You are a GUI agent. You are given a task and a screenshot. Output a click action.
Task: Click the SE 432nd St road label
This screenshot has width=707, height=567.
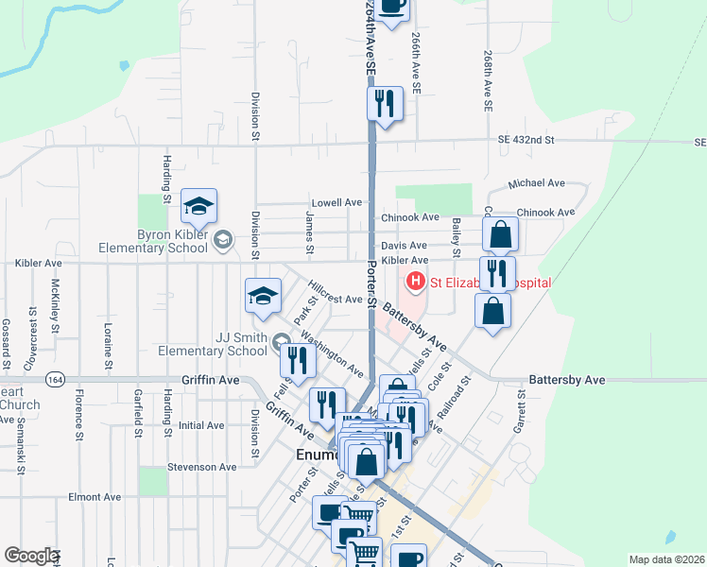coord(527,140)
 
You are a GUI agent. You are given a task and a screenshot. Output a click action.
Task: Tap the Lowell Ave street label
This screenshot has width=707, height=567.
coord(338,203)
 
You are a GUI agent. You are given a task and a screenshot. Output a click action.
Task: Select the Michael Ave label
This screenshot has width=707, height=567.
coord(535,183)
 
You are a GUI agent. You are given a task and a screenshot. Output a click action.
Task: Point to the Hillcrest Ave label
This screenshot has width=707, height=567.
coord(336,299)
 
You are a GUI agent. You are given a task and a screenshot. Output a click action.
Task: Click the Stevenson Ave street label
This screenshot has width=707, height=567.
coord(200,467)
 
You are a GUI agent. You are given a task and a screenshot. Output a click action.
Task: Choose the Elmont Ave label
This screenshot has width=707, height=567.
coord(95,497)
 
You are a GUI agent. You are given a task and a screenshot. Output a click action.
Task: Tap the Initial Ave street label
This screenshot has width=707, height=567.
coord(200,425)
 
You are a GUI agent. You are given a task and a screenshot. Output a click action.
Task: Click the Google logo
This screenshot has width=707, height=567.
coord(31,556)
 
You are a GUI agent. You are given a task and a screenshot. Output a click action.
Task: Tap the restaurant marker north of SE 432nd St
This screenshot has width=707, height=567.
coord(384,103)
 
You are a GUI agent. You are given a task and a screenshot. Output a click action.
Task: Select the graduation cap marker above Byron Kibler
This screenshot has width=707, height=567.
coord(199,207)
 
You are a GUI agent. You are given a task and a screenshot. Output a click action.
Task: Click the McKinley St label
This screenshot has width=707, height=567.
coord(57,302)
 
